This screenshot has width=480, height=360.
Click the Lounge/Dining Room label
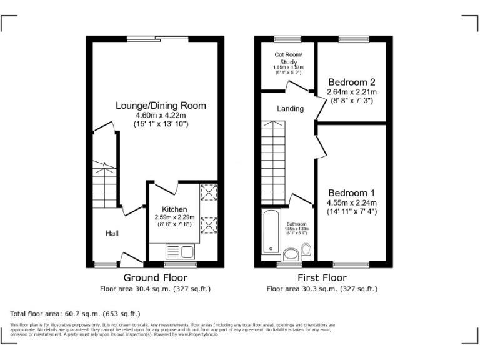point(161,105)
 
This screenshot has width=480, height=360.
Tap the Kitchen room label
point(174,209)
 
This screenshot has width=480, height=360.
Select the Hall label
point(112,233)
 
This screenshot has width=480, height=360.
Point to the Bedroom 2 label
point(352,82)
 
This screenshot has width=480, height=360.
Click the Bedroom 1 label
point(351,192)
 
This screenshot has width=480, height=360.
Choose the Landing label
point(290,108)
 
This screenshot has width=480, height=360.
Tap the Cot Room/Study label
point(287,58)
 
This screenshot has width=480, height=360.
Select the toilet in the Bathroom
point(306,251)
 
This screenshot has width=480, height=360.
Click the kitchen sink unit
point(181,252)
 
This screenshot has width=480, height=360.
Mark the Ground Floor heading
point(155,277)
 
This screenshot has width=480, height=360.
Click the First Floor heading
point(322,277)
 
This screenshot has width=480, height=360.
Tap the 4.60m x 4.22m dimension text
point(161,115)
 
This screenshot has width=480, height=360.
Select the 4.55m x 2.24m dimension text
point(351,202)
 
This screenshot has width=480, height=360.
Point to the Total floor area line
point(76,313)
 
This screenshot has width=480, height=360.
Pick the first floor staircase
point(274,162)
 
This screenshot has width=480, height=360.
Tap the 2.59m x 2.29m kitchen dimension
point(174,217)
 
